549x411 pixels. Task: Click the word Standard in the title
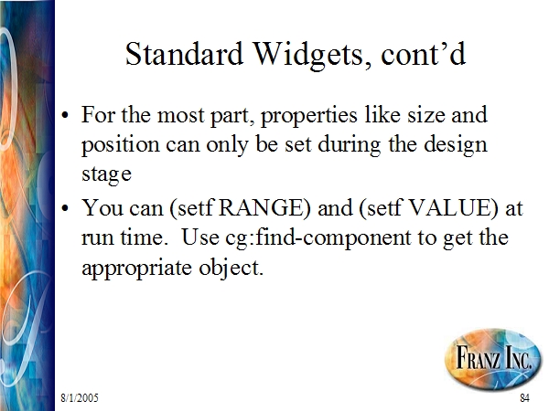(x=184, y=54)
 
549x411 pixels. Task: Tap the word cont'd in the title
(x=424, y=54)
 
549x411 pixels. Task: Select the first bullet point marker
(x=65, y=115)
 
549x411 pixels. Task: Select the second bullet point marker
(x=65, y=208)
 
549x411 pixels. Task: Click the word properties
(x=309, y=116)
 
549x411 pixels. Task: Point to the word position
(x=121, y=145)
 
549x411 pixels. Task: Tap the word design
(x=455, y=144)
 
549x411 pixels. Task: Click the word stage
(x=106, y=174)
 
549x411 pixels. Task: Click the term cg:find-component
(x=318, y=238)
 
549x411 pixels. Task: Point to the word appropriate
(x=137, y=269)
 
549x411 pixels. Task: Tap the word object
(x=231, y=269)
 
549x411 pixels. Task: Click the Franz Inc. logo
(x=493, y=358)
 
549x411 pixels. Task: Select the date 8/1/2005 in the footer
(x=80, y=397)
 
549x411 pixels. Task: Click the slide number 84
(x=524, y=397)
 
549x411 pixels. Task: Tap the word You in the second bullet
(x=102, y=207)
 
